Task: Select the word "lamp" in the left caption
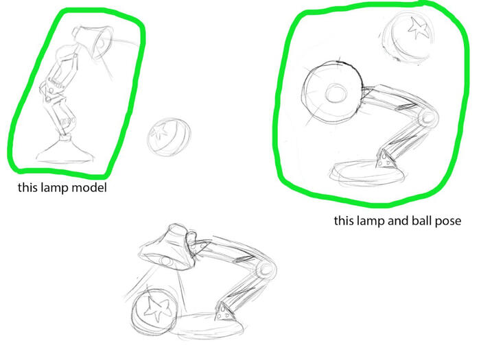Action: click(56, 188)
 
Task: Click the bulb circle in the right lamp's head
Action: click(336, 93)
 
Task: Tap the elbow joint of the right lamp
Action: click(427, 117)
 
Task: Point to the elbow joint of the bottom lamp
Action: click(266, 270)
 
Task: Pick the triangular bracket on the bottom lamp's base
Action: click(224, 311)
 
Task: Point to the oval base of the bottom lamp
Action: click(209, 326)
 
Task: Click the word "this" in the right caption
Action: click(344, 220)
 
